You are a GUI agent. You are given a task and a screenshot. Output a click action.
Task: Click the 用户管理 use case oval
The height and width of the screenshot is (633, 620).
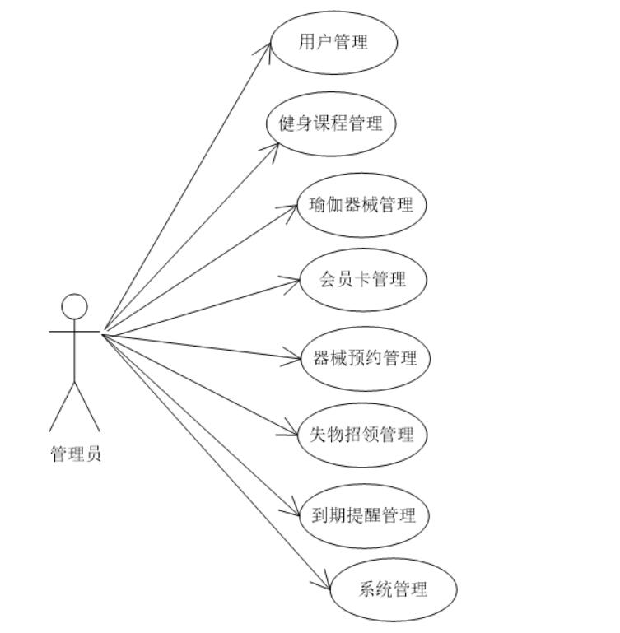[x=333, y=42]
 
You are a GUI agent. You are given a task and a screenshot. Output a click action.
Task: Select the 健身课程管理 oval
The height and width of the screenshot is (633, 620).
[x=331, y=123]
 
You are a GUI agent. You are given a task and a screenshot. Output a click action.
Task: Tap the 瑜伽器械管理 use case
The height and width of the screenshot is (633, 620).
[x=361, y=205]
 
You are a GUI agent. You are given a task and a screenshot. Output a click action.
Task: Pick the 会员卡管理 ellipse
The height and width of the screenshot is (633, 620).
[x=363, y=279]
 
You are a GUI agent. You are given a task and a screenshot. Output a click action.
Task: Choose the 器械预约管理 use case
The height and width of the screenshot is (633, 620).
[x=365, y=358]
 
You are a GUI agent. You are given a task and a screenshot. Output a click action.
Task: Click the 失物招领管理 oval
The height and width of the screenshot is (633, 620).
[x=362, y=435]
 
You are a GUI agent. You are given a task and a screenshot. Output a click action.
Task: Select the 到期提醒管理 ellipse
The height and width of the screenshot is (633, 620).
[x=364, y=516]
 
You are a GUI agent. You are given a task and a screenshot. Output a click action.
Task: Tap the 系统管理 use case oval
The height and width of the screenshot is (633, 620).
[x=393, y=589]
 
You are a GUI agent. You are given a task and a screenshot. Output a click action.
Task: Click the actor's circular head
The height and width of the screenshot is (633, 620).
[x=74, y=306]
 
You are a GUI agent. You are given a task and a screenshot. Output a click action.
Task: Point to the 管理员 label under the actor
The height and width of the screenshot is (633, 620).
[x=76, y=454]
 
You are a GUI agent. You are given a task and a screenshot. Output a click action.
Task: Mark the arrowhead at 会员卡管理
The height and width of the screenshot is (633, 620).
[x=296, y=282]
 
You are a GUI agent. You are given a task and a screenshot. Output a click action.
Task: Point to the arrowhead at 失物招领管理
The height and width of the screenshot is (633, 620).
[x=296, y=433]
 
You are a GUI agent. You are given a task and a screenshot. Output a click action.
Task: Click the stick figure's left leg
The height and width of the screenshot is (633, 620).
[x=62, y=407]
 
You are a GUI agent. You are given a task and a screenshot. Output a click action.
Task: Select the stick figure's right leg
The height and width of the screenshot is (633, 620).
[x=87, y=407]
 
